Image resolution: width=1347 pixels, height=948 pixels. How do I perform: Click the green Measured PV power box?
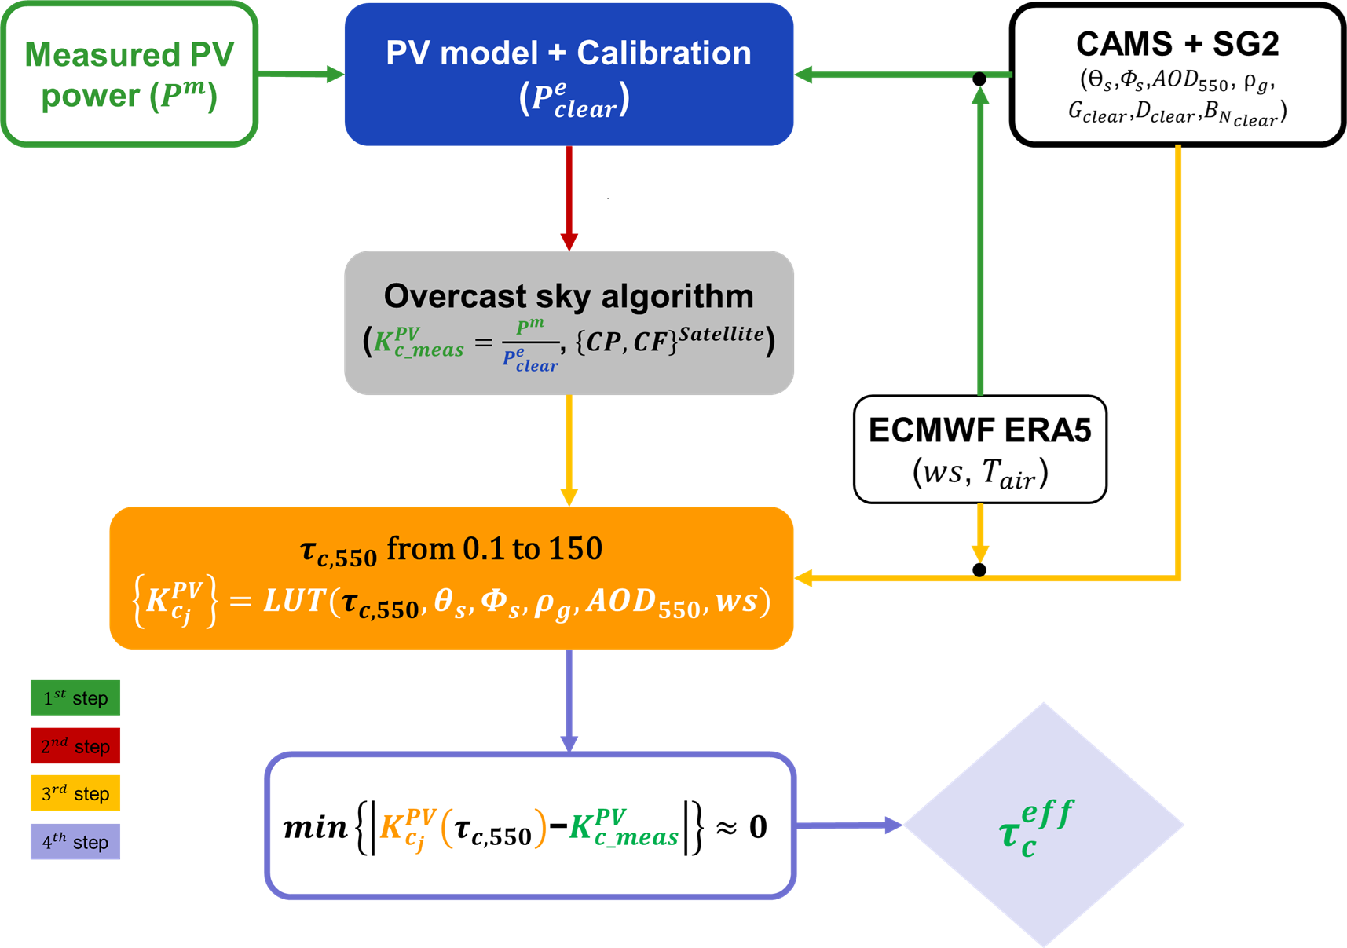point(130,75)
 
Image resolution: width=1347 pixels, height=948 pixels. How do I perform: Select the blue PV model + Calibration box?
point(569,75)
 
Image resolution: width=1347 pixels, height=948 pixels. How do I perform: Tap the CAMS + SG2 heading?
point(1177,44)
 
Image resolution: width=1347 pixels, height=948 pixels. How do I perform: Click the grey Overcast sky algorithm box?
point(569,323)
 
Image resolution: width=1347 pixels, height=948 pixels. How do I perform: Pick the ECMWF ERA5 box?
point(979,449)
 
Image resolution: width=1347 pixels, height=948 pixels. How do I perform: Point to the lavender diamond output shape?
point(1043,825)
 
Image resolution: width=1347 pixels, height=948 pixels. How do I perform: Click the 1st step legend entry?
point(75,698)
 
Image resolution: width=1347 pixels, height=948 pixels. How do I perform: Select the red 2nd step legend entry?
point(75,746)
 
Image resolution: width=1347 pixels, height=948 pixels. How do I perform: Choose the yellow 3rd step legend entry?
point(75,794)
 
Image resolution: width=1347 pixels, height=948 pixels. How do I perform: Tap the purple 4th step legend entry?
point(75,842)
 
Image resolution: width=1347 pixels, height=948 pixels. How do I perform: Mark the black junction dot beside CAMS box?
point(979,79)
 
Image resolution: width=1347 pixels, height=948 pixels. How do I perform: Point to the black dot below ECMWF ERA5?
point(979,570)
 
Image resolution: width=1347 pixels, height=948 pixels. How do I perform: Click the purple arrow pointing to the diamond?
point(848,825)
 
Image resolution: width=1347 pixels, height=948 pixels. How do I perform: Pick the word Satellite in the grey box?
point(721,335)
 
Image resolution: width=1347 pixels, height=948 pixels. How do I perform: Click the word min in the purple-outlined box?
point(315,827)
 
